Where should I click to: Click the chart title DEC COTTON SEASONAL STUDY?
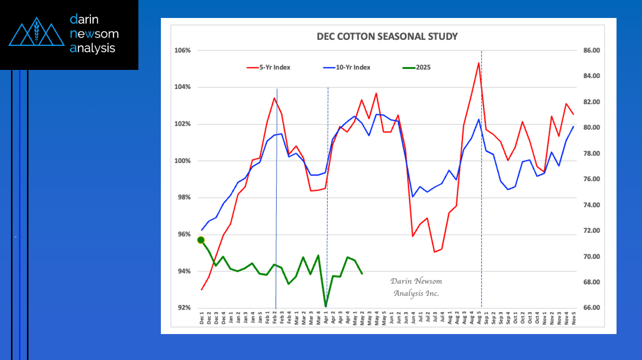(388, 36)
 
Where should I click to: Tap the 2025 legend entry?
(422, 67)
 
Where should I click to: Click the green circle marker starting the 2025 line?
(201, 240)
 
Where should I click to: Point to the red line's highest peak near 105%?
(479, 63)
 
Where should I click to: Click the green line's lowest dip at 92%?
(326, 306)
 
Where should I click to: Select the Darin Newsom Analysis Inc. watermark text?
(416, 287)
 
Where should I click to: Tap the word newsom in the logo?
(94, 33)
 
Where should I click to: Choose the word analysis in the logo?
(92, 48)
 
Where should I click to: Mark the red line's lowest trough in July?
(435, 252)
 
